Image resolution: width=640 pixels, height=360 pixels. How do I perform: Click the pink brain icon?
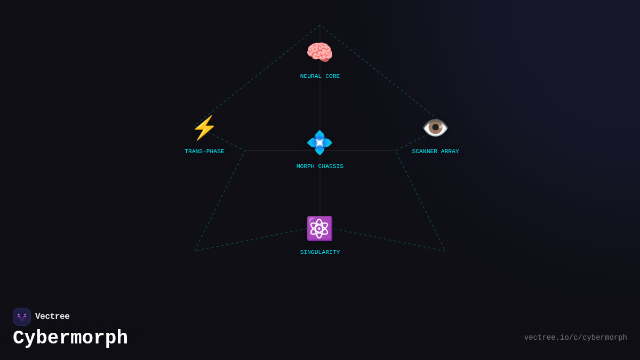(x=319, y=52)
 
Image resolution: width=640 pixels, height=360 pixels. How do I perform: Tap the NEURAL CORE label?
(x=319, y=76)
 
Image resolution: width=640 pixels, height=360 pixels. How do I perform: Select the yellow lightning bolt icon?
(x=204, y=127)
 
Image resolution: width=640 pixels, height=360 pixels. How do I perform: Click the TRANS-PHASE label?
(x=204, y=151)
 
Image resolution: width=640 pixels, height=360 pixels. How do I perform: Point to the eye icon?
(x=435, y=127)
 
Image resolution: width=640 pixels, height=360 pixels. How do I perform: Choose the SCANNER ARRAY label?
(x=435, y=151)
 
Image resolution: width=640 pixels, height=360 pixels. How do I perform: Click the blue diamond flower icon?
(x=319, y=142)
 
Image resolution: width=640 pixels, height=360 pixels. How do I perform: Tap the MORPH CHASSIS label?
(x=319, y=166)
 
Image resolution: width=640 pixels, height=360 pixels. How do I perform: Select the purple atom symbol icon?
(x=319, y=229)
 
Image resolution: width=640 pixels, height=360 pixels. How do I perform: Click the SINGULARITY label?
(x=319, y=252)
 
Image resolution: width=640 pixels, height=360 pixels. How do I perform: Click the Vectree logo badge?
(x=22, y=317)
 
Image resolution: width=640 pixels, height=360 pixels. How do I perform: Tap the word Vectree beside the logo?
(x=52, y=316)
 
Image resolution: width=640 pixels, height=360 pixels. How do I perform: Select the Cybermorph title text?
(x=70, y=338)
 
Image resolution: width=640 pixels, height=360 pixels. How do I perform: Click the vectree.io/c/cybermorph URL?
(x=575, y=338)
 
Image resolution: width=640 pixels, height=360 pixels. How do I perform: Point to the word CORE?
(x=333, y=76)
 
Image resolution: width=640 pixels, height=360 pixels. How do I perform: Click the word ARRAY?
(x=450, y=151)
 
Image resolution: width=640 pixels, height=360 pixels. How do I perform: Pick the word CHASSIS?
(x=331, y=166)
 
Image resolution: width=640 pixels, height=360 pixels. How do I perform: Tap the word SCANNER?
(x=425, y=151)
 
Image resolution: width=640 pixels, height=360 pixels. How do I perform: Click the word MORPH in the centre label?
(x=306, y=166)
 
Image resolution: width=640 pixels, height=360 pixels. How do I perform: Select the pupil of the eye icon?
(x=435, y=127)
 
